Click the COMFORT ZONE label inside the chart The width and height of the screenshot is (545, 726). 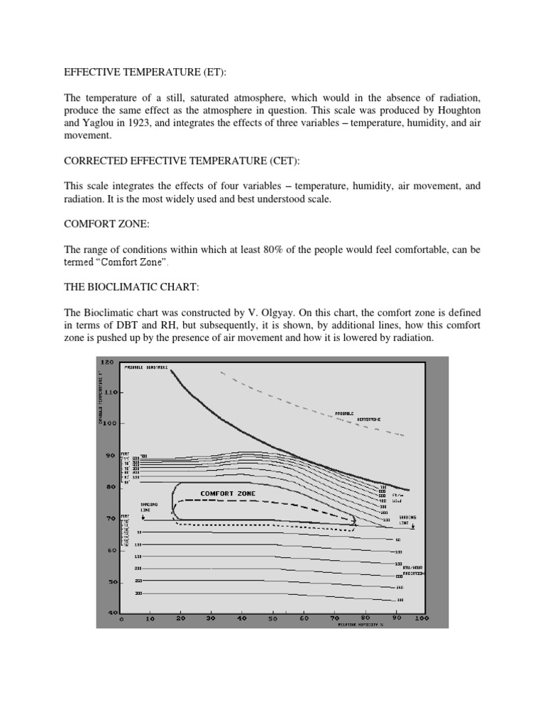pos(228,493)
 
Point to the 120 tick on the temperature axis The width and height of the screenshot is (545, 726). pos(106,362)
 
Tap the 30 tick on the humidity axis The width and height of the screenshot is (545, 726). pos(211,619)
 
